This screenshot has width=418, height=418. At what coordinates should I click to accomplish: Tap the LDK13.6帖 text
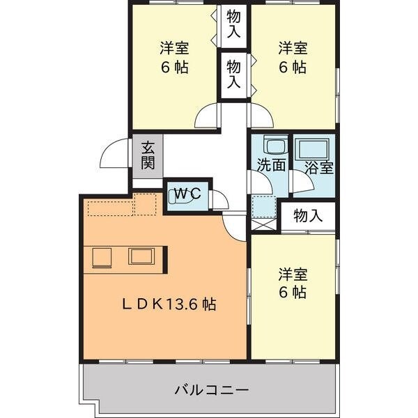pyautogui.click(x=169, y=304)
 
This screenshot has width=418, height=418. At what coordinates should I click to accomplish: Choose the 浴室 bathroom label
pyautogui.click(x=319, y=167)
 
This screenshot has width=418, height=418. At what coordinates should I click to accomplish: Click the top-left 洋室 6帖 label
pyautogui.click(x=174, y=58)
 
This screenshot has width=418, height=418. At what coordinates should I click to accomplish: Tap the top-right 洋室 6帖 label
pyautogui.click(x=293, y=58)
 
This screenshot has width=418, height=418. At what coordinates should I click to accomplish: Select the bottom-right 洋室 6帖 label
pyautogui.click(x=293, y=283)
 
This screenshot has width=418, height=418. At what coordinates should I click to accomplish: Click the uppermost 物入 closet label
pyautogui.click(x=233, y=24)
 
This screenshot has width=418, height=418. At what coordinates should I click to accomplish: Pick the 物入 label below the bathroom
pyautogui.click(x=307, y=216)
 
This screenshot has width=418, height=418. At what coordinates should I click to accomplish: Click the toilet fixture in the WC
pyautogui.click(x=176, y=196)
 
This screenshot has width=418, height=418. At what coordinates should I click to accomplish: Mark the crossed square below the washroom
pyautogui.click(x=264, y=224)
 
